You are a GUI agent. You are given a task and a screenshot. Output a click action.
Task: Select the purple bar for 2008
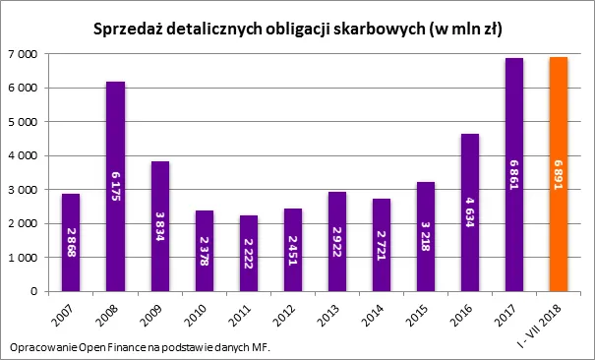(x=115, y=186)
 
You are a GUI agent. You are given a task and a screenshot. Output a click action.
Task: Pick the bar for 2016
(x=469, y=212)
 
